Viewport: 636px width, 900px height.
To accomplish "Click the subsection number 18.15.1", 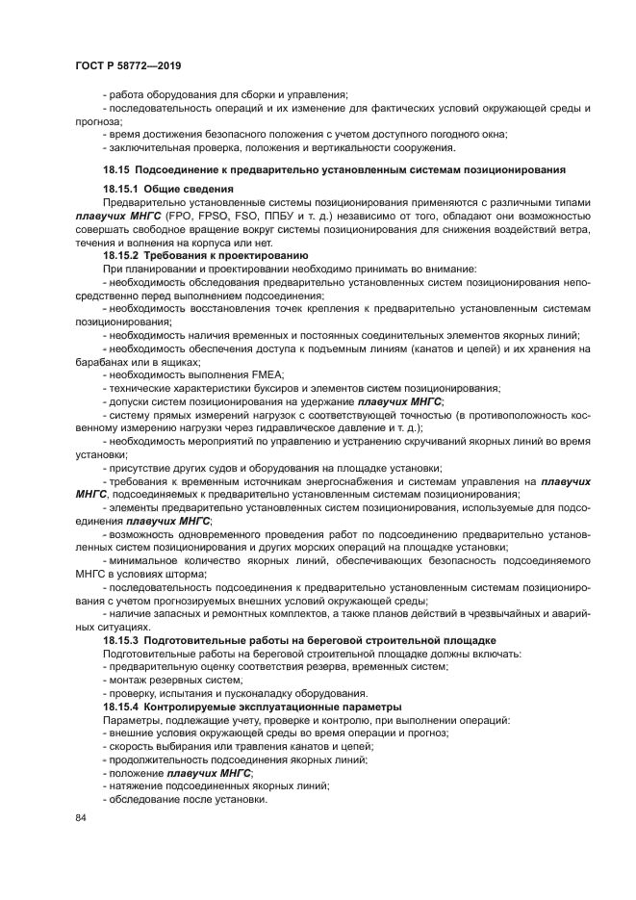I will pos(121,189).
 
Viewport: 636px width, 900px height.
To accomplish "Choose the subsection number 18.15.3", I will pos(121,639).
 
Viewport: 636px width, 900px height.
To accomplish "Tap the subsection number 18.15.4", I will pos(121,707).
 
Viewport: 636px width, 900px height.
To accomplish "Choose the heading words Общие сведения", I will pos(189,189).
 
